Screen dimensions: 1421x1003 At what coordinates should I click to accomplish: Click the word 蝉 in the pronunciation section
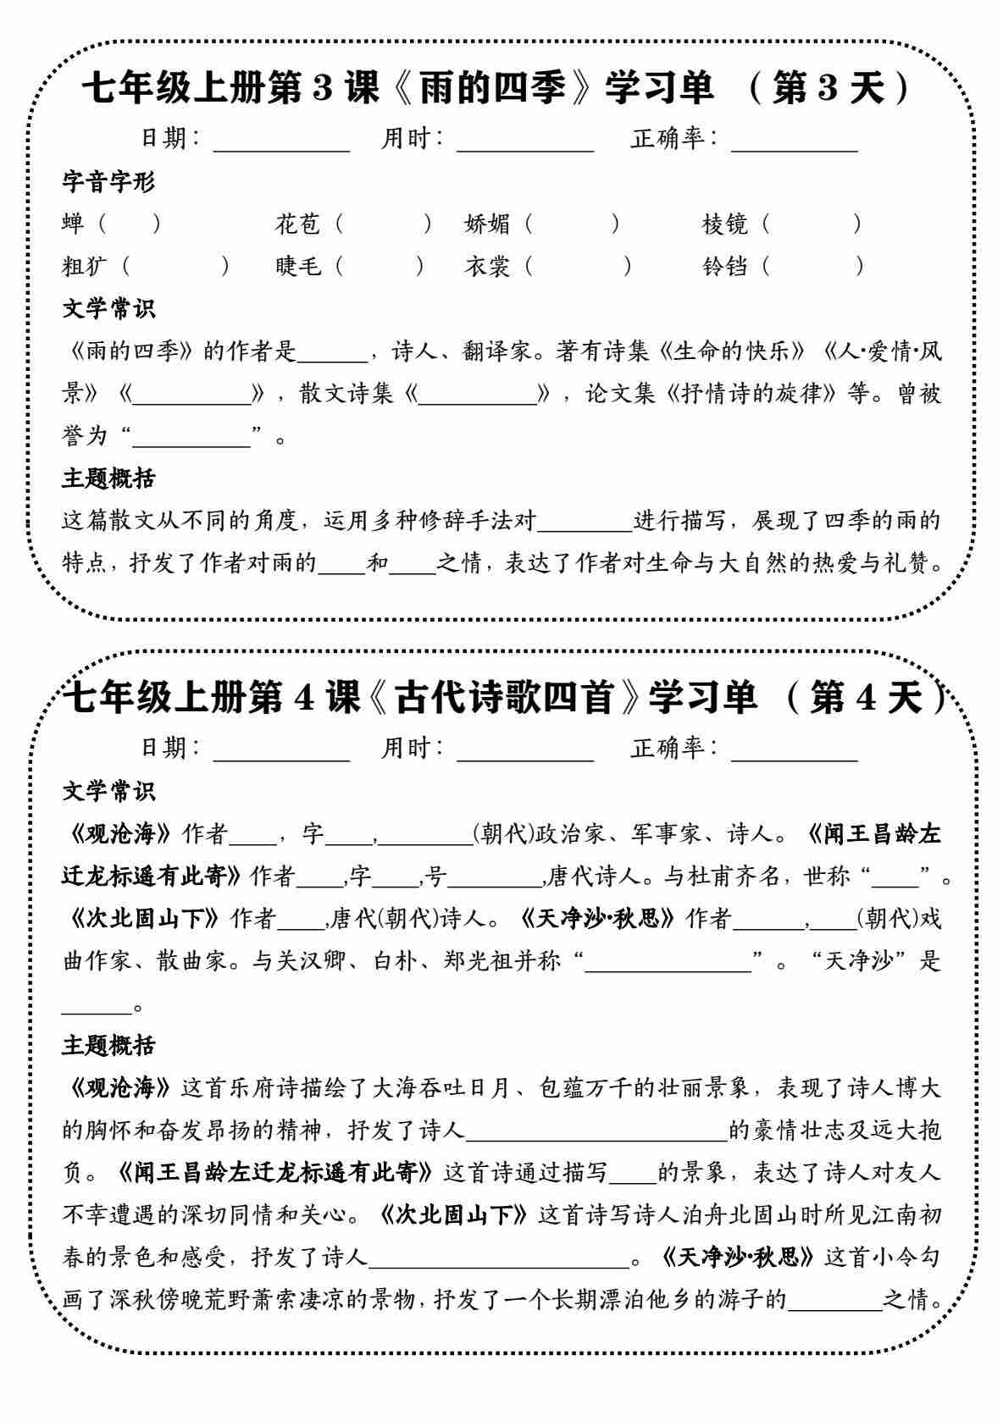[x=74, y=224]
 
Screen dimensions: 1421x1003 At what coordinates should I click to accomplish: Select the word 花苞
[x=298, y=224]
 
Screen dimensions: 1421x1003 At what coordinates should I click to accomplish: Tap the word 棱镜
[x=725, y=224]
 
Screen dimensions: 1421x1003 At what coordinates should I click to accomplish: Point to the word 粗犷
[x=86, y=266]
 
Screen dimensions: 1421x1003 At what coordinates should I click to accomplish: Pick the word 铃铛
[x=725, y=266]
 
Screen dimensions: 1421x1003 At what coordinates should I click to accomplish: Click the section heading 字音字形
[x=109, y=181]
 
